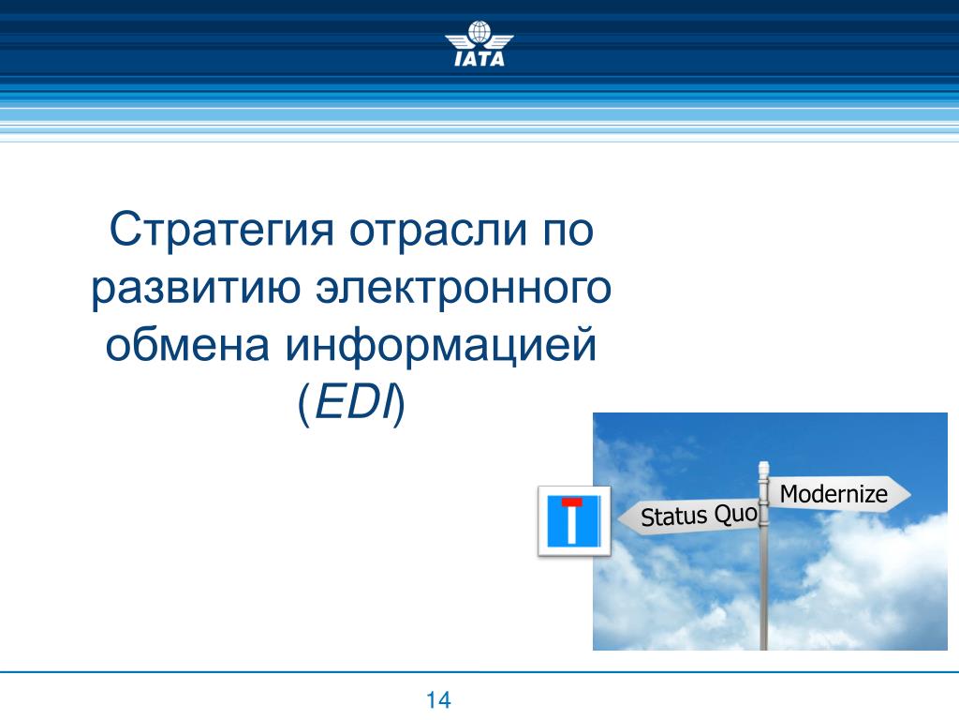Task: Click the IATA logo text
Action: point(479,58)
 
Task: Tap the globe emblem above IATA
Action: point(479,33)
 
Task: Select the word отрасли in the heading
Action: point(438,230)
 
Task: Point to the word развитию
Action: point(196,289)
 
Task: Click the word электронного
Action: point(463,288)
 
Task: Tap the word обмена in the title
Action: point(187,344)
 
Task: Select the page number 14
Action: point(438,699)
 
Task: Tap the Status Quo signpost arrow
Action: point(688,517)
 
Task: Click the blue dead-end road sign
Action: point(574,521)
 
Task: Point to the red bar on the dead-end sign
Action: point(572,502)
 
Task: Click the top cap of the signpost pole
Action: point(763,467)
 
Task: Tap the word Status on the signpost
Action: point(674,517)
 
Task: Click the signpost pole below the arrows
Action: point(763,588)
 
